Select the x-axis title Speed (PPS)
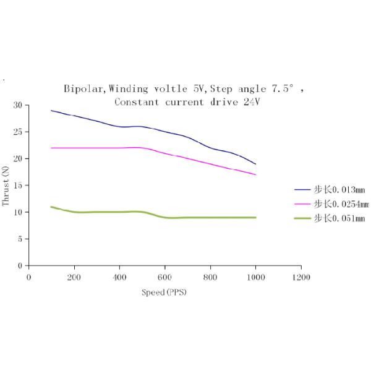coord(163,292)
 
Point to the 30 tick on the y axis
coord(17,105)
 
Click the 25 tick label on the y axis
coord(17,132)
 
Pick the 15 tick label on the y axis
coord(17,185)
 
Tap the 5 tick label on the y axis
coord(20,239)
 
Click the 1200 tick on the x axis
coord(301,277)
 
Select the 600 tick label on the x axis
coord(165,277)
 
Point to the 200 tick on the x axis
coord(74,277)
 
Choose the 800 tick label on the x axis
coord(210,277)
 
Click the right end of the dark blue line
coord(255,164)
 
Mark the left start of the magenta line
coord(51,148)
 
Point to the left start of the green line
coord(51,207)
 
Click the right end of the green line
coord(255,218)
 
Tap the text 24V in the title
coord(250,101)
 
